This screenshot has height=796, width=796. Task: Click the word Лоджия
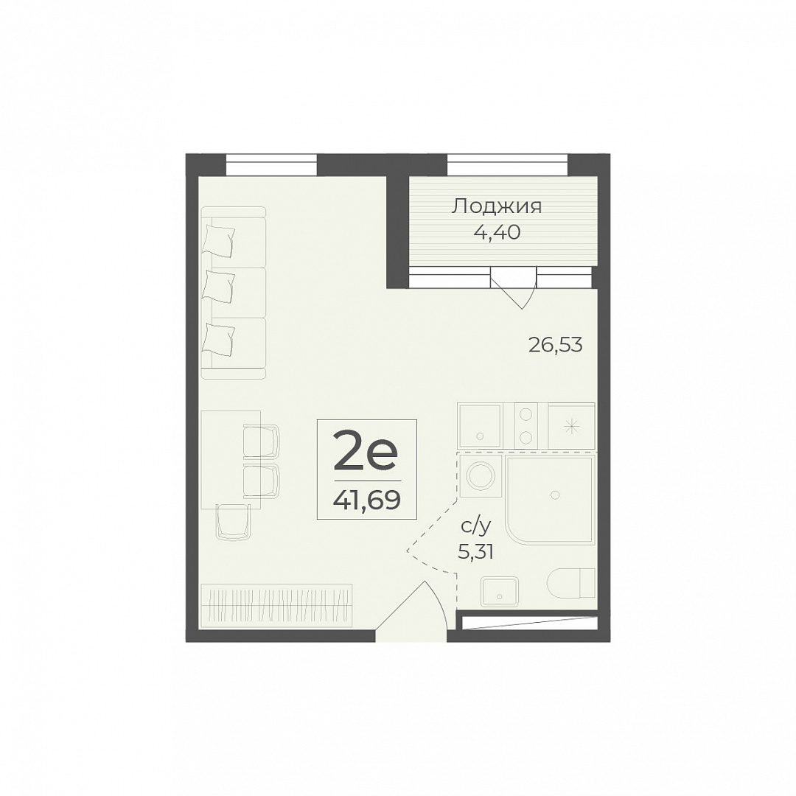[x=497, y=207]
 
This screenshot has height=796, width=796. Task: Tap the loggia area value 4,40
[x=497, y=232]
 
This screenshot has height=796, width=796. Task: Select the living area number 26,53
[x=556, y=345]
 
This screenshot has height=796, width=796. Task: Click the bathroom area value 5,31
[x=475, y=551]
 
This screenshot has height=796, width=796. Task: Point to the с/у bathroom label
[x=476, y=527]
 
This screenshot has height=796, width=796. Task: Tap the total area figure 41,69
[x=366, y=500]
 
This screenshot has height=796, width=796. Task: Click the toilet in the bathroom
[x=571, y=583]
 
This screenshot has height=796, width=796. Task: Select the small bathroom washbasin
[x=500, y=591]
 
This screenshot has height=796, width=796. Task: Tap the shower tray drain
[x=556, y=495]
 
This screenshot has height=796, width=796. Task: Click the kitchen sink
[x=480, y=425]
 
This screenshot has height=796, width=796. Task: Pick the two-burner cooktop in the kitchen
[x=526, y=425]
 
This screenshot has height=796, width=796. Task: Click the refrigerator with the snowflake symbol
[x=571, y=425]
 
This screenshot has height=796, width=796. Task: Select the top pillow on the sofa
[x=219, y=240]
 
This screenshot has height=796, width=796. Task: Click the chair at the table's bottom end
[x=234, y=522]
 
